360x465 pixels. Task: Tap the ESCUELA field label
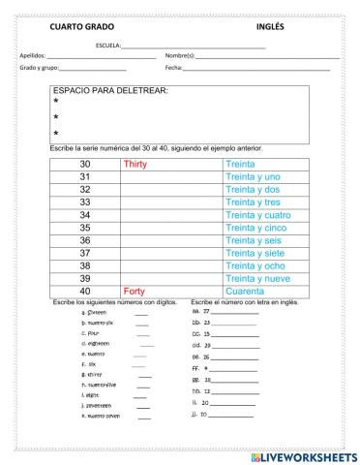(x=109, y=46)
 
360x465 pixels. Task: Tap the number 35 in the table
(x=84, y=228)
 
